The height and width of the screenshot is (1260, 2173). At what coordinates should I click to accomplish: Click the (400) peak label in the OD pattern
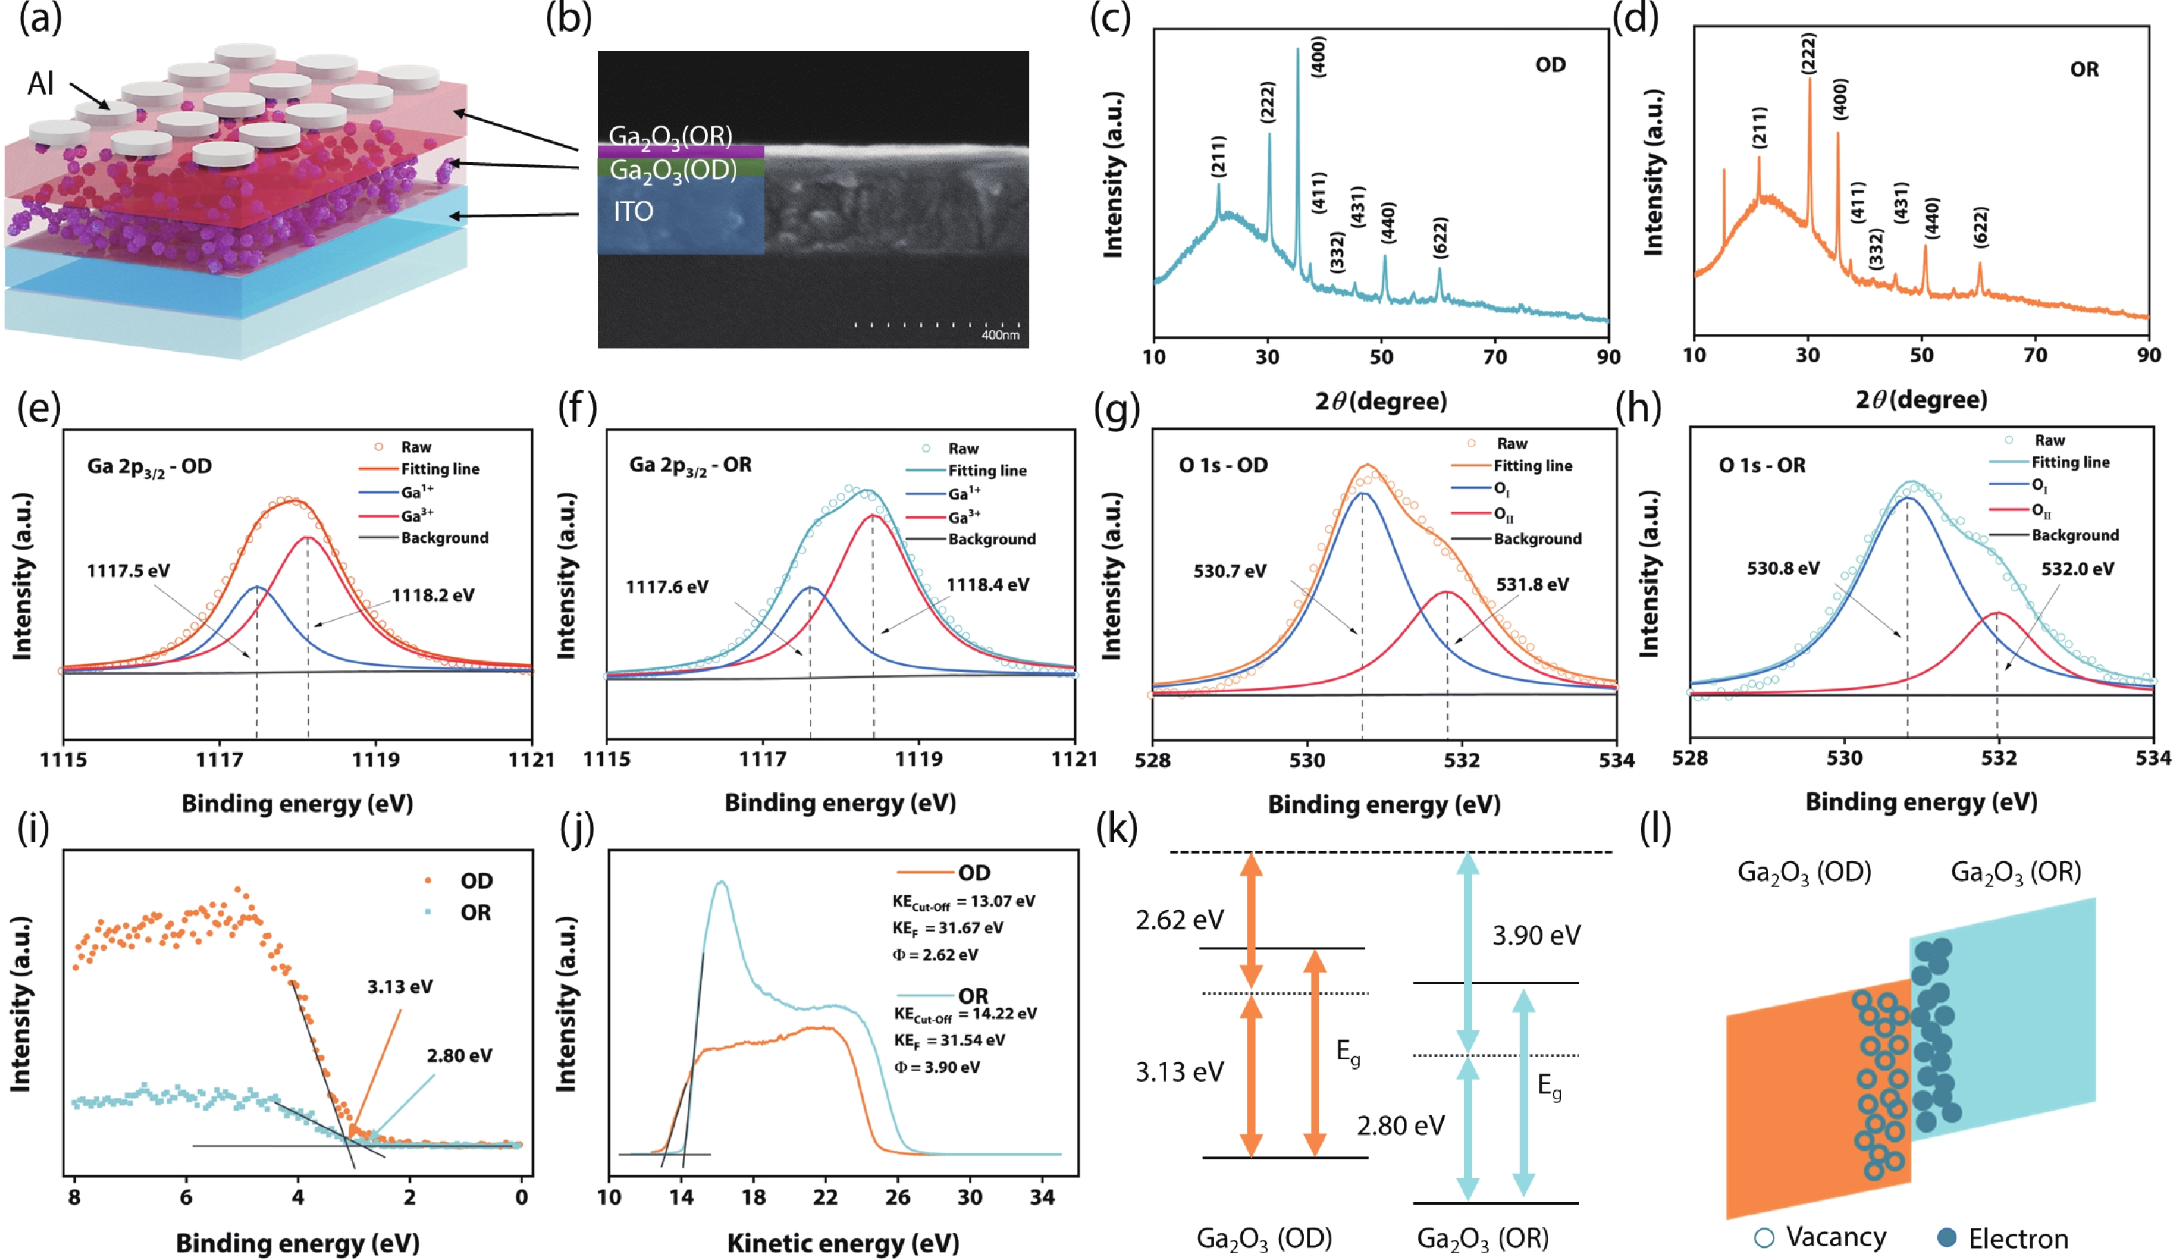[x=1318, y=57]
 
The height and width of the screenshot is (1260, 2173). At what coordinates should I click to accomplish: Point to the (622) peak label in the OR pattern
[x=1981, y=227]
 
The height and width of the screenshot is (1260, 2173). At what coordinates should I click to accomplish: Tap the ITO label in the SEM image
[x=633, y=211]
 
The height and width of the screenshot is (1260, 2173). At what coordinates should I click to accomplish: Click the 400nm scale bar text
[x=1000, y=335]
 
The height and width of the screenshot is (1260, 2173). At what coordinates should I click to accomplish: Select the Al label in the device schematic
[x=41, y=83]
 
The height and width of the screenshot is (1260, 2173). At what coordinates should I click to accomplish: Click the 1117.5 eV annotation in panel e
[x=128, y=571]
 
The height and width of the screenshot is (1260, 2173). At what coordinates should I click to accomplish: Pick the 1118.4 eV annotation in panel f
[x=987, y=584]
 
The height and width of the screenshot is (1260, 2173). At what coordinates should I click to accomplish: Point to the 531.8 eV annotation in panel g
[x=1532, y=584]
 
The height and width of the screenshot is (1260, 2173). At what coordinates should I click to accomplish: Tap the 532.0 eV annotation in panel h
[x=2077, y=569]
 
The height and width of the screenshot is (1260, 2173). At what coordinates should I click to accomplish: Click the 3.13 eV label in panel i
[x=400, y=987]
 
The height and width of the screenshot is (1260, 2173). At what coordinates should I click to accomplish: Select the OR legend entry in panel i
[x=475, y=912]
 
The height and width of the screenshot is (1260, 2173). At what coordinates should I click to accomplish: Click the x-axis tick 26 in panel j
[x=897, y=1198]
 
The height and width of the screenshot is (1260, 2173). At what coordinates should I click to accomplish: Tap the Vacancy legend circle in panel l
[x=1765, y=1239]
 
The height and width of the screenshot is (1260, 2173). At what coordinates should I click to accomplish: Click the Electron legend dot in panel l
[x=1946, y=1239]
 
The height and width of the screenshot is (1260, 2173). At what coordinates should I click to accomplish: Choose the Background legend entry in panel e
[x=444, y=538]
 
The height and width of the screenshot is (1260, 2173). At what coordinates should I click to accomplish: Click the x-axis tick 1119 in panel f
[x=919, y=760]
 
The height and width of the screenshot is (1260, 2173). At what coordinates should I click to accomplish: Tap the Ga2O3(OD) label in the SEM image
[x=673, y=170]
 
